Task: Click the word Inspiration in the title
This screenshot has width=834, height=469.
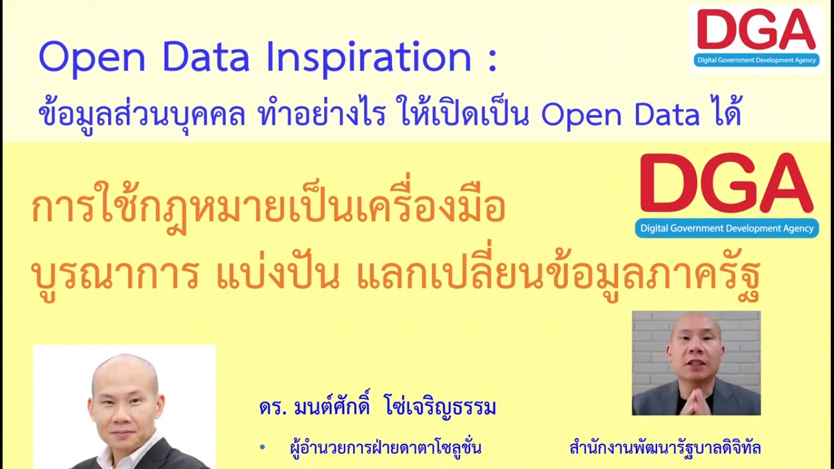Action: pos(369,59)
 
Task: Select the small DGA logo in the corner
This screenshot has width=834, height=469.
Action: pos(756,38)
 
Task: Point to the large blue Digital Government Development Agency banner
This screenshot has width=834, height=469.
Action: pos(727,228)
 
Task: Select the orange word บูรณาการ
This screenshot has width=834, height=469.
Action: pos(115,275)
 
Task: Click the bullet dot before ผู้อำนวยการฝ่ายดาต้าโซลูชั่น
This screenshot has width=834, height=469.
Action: pos(263,447)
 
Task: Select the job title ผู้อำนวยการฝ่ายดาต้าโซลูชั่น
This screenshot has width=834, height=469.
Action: pos(385,446)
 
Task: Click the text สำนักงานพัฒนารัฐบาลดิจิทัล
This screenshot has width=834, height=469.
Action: pos(665,447)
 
